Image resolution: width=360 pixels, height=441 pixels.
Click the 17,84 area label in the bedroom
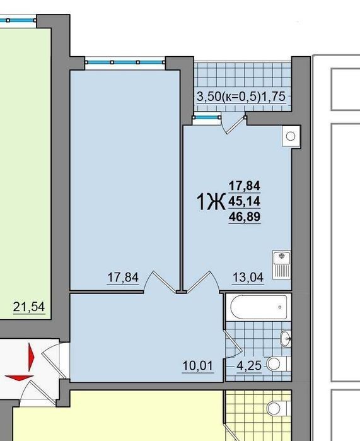(123, 278)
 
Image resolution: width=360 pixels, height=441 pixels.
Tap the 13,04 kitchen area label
(248, 278)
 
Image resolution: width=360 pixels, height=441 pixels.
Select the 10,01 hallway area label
(197, 366)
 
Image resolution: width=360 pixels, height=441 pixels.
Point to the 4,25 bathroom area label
(249, 366)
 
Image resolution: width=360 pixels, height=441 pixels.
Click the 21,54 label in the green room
(29, 307)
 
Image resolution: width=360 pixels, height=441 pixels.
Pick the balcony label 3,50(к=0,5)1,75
(241, 97)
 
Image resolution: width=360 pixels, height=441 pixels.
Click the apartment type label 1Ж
(211, 203)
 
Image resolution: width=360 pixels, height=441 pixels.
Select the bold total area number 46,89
(245, 216)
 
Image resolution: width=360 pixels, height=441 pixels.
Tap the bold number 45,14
(245, 201)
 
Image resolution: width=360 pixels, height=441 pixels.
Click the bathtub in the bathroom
(258, 307)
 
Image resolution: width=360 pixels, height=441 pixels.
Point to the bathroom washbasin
(286, 339)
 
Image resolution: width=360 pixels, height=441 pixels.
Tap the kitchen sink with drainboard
(282, 265)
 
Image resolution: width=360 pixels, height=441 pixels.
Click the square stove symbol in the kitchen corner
(291, 136)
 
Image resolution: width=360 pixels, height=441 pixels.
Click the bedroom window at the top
(125, 62)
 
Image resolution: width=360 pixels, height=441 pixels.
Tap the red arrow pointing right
(31, 356)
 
